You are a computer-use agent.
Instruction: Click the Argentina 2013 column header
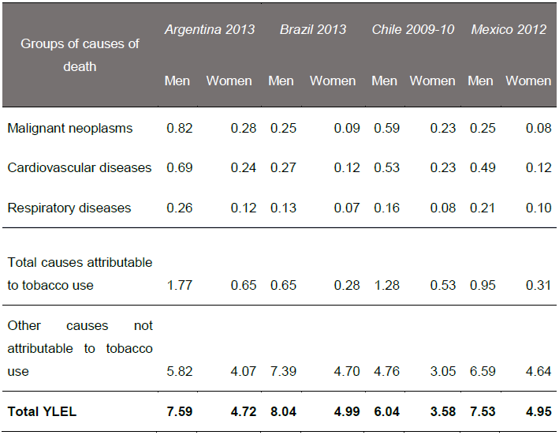coord(209,29)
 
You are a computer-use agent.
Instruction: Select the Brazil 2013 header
coord(312,29)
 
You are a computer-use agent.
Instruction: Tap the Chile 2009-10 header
coord(413,29)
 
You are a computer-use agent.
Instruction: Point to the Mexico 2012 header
coord(509,29)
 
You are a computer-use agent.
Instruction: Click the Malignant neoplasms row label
coord(70,128)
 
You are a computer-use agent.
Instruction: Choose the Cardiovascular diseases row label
coord(79,167)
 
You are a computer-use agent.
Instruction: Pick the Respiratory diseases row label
coord(69,208)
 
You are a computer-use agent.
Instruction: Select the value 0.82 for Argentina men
coord(178,128)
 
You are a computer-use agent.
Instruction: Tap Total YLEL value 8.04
coord(282,411)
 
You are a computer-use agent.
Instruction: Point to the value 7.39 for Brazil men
coord(282,371)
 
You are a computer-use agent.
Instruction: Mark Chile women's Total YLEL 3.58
coord(442,411)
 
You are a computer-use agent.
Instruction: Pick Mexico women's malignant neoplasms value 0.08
coord(539,128)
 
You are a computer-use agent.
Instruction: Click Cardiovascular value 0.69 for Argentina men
coord(178,167)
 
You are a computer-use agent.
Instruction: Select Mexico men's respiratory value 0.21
coord(480,208)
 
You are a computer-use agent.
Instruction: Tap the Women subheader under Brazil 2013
coord(333,81)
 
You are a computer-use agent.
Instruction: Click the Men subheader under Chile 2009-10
coord(385,81)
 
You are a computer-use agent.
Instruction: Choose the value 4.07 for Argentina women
coord(243,371)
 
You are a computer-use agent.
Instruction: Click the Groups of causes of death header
coord(80,54)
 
